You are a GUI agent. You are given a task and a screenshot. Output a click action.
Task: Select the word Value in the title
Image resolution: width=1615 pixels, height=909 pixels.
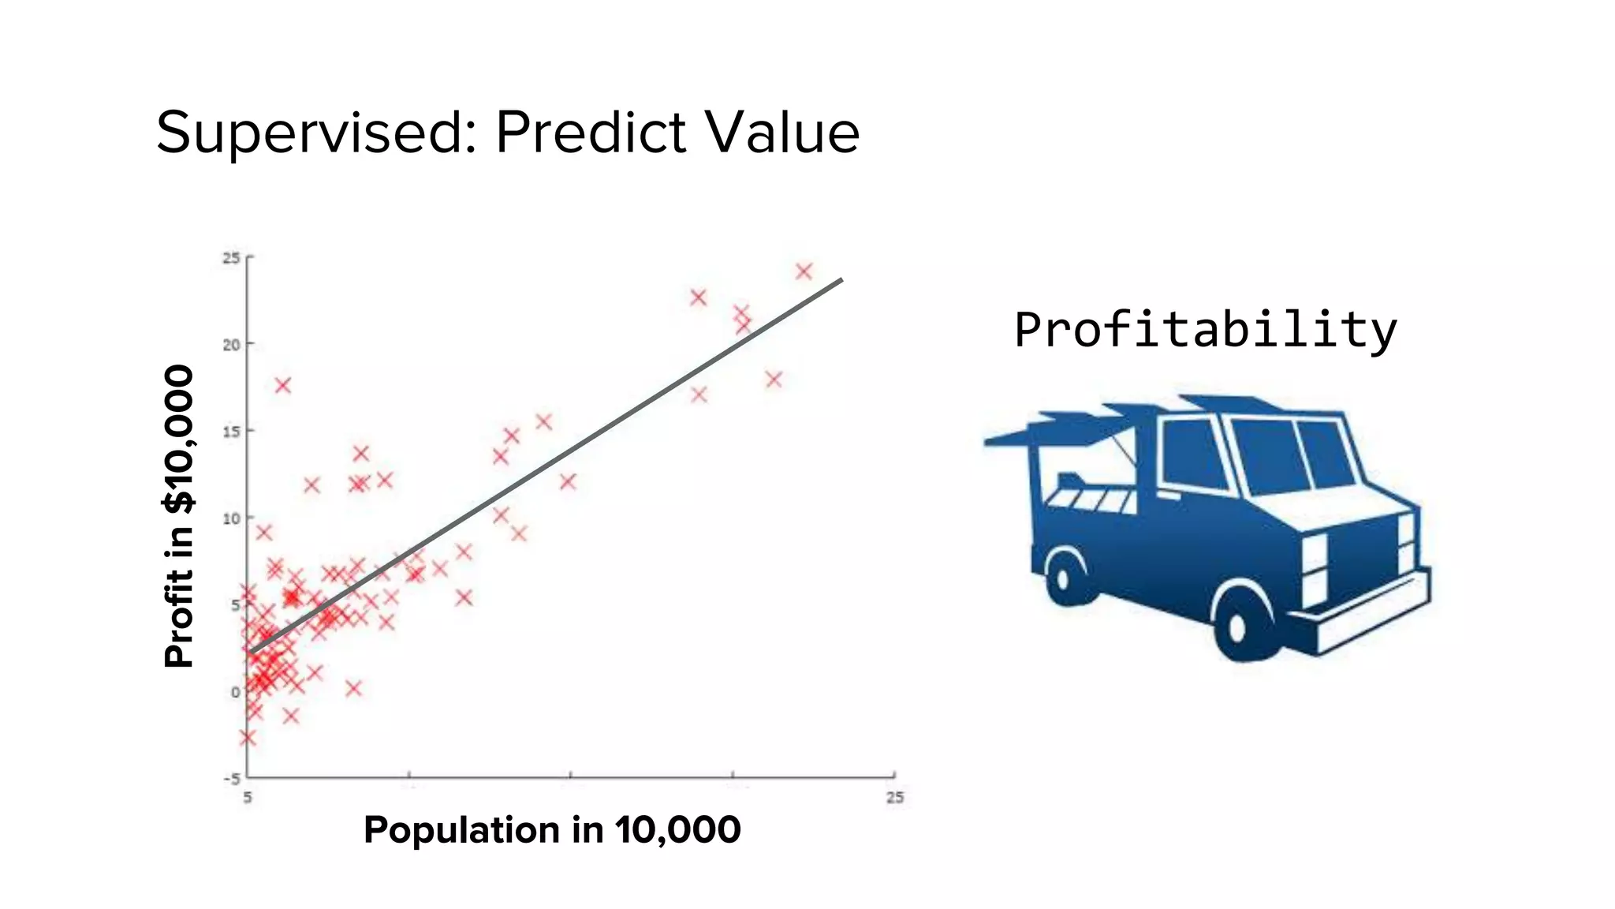pyautogui.click(x=781, y=132)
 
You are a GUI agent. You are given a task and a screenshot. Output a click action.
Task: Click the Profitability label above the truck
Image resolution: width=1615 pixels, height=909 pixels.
pyautogui.click(x=1205, y=329)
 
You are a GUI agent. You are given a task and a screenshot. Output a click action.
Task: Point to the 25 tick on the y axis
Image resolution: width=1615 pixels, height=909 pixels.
pyautogui.click(x=230, y=258)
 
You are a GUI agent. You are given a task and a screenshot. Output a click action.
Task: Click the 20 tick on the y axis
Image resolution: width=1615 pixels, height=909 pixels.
pyautogui.click(x=230, y=345)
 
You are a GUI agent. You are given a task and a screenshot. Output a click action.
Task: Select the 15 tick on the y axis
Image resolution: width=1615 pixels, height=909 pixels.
pyautogui.click(x=230, y=432)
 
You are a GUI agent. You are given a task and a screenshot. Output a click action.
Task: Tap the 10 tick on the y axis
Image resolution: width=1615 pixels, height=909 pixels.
pyautogui.click(x=230, y=518)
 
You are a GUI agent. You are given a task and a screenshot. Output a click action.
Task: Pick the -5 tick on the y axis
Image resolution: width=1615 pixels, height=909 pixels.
pyautogui.click(x=231, y=779)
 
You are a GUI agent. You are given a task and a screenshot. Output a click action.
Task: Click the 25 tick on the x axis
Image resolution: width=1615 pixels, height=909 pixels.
pyautogui.click(x=894, y=798)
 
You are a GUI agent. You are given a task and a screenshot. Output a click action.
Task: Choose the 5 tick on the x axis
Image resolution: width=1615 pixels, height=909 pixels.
pyautogui.click(x=248, y=798)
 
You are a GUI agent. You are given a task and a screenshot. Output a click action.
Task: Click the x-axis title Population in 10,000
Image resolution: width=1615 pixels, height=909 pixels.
pyautogui.click(x=552, y=829)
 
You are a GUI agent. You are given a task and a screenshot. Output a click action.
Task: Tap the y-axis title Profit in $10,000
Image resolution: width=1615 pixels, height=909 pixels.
pyautogui.click(x=178, y=517)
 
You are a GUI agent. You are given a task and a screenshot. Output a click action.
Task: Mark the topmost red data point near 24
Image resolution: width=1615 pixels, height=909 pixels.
pyautogui.click(x=804, y=271)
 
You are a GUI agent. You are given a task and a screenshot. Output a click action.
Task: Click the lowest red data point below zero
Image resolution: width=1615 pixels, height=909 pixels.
pyautogui.click(x=248, y=738)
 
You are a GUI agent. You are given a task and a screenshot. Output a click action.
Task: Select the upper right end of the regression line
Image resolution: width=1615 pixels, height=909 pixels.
pyautogui.click(x=841, y=280)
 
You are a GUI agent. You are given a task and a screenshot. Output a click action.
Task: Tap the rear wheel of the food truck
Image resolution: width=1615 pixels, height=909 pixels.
pyautogui.click(x=1065, y=578)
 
